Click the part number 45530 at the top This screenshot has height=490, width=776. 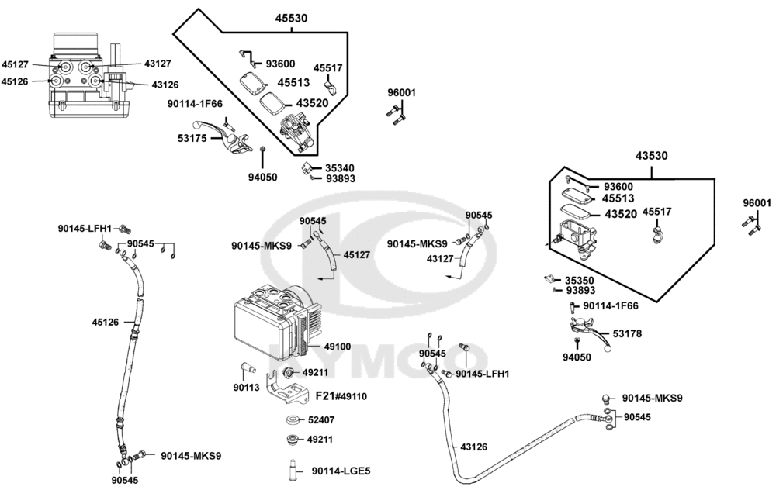tap(291, 19)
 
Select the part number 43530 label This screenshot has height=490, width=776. tap(651, 156)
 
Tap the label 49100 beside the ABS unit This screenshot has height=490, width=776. tap(338, 347)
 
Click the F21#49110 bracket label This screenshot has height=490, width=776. tap(341, 396)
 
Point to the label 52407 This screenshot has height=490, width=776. tap(321, 419)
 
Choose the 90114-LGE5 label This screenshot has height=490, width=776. tap(341, 471)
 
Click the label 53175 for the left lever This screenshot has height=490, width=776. tap(192, 139)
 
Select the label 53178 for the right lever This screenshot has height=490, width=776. tap(627, 333)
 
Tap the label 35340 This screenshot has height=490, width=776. tap(340, 168)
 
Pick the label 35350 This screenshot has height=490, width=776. tap(580, 281)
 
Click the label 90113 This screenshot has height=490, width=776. tap(247, 388)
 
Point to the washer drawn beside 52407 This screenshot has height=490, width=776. tap(293, 420)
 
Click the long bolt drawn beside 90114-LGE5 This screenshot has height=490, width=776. tap(292, 470)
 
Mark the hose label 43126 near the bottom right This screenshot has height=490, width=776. tap(473, 447)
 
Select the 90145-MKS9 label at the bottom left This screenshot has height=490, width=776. tap(191, 455)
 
